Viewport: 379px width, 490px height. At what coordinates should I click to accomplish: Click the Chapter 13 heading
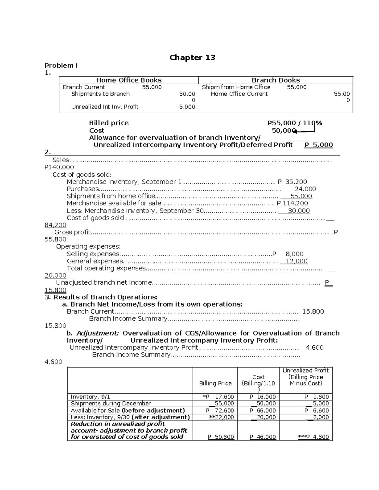192,57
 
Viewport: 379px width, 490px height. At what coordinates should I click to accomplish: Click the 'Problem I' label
61,66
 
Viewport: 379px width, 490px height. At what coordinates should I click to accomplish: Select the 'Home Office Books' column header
129,80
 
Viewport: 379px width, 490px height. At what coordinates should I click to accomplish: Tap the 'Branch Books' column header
275,80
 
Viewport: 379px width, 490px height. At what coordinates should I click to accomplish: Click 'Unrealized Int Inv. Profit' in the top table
105,107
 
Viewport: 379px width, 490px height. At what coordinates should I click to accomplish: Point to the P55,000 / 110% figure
294,123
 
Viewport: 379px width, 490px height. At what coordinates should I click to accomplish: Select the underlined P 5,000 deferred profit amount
318,145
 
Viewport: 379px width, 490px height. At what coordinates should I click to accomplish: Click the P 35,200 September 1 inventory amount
292,182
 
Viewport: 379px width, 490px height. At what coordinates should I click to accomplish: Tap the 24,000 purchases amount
305,189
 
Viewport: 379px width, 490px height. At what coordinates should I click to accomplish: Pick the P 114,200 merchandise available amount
292,204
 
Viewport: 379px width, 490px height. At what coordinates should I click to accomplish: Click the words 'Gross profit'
72,232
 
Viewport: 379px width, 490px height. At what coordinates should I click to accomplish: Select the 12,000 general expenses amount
296,261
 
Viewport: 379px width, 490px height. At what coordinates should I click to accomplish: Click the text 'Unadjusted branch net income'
104,283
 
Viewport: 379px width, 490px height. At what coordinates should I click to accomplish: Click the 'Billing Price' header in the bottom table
215,383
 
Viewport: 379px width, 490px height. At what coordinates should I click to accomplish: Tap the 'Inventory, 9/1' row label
90,397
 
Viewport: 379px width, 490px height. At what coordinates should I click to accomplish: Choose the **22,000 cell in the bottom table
221,417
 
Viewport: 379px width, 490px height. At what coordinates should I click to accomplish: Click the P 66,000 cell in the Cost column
262,410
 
